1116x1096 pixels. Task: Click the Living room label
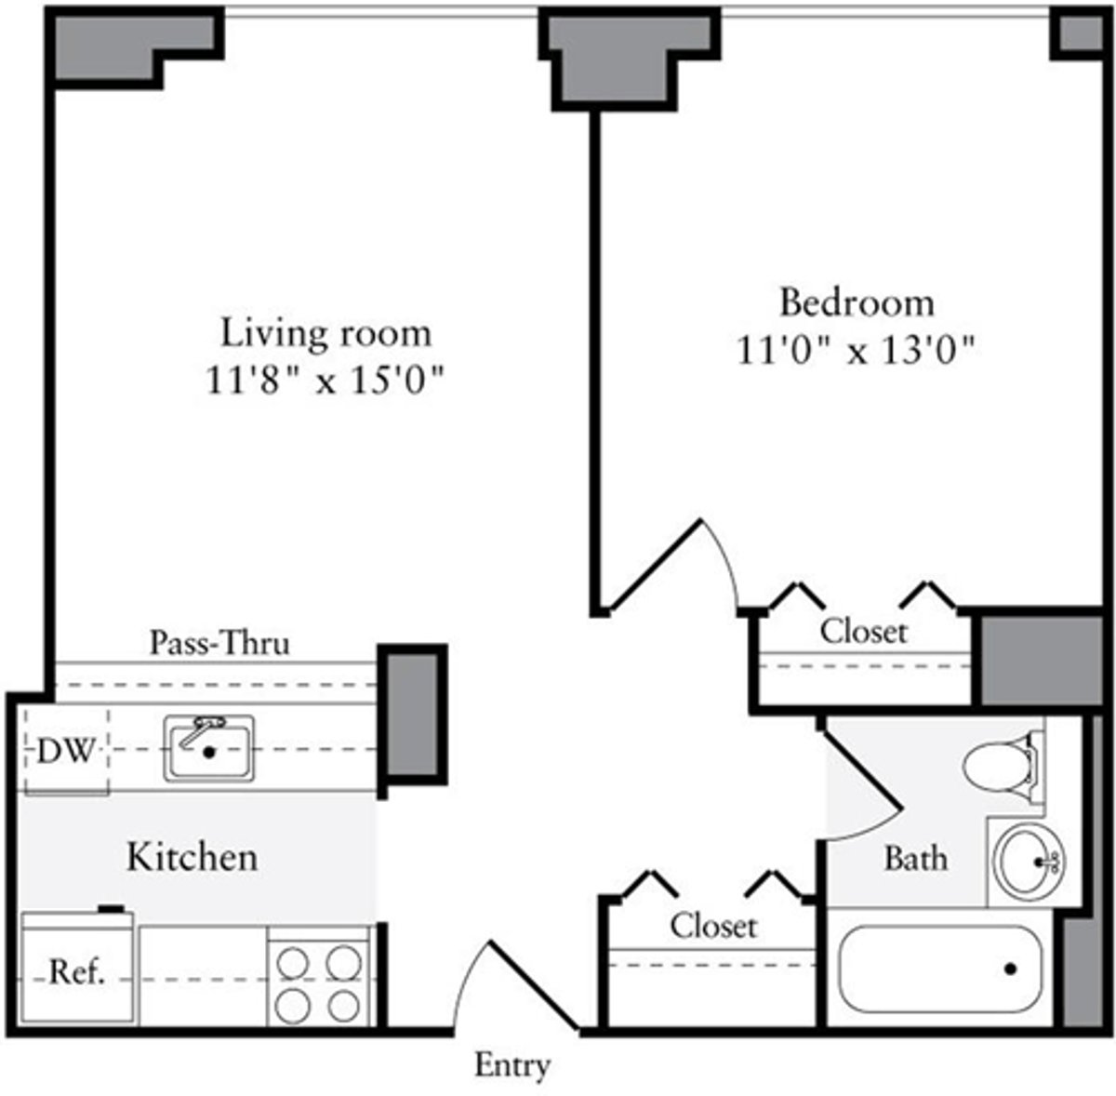325,332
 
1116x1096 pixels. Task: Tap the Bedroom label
857,302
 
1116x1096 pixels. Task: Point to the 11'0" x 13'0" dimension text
857,352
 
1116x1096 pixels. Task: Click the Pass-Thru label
220,643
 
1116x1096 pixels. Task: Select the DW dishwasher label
66,751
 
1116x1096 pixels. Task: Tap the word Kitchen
193,857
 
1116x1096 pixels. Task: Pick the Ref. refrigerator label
76,973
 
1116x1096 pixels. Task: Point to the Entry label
512,1065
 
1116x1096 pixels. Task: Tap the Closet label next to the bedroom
863,632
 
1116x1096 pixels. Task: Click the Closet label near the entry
713,926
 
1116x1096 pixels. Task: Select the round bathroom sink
1029,862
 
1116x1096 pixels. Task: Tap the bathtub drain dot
1010,969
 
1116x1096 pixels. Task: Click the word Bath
916,858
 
